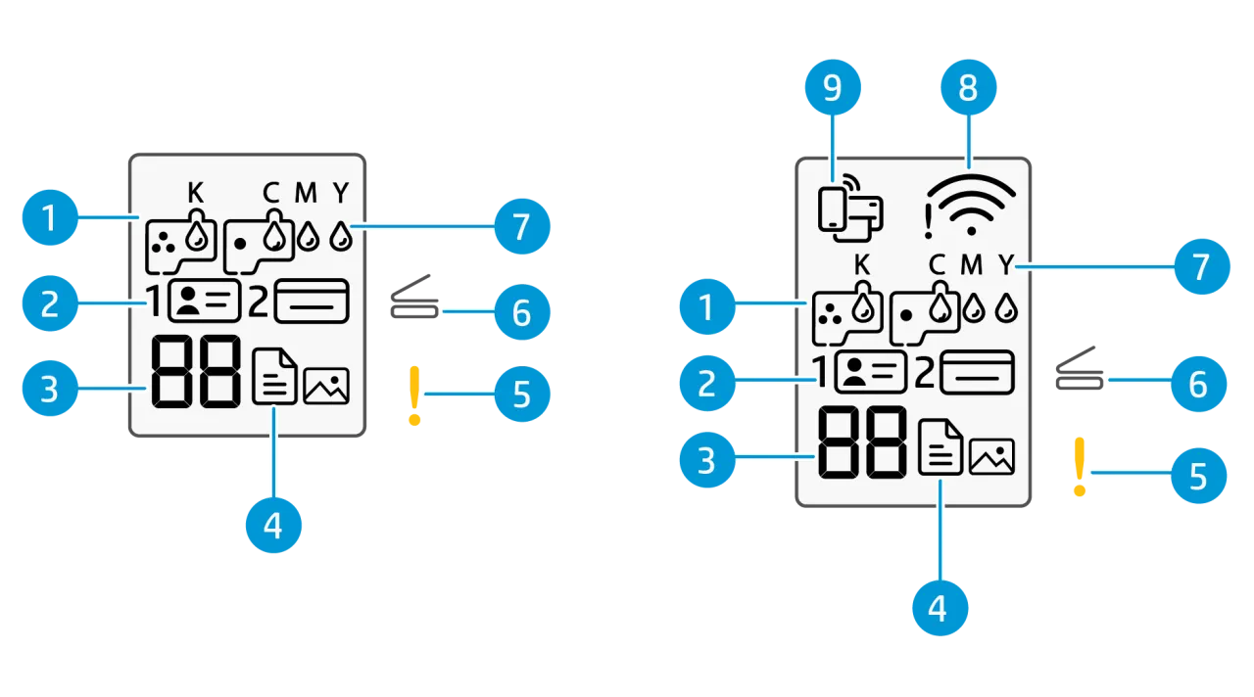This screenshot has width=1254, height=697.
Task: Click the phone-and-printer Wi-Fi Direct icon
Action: coord(849,209)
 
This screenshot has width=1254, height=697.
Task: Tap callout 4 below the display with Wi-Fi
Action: coord(938,608)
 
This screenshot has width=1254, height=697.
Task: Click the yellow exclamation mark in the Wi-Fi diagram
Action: coord(1080,468)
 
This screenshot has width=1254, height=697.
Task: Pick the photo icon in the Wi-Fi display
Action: coord(991,456)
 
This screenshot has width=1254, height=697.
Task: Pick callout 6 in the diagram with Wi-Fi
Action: coord(1197,384)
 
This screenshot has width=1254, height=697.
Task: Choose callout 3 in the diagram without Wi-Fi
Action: coord(49,389)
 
